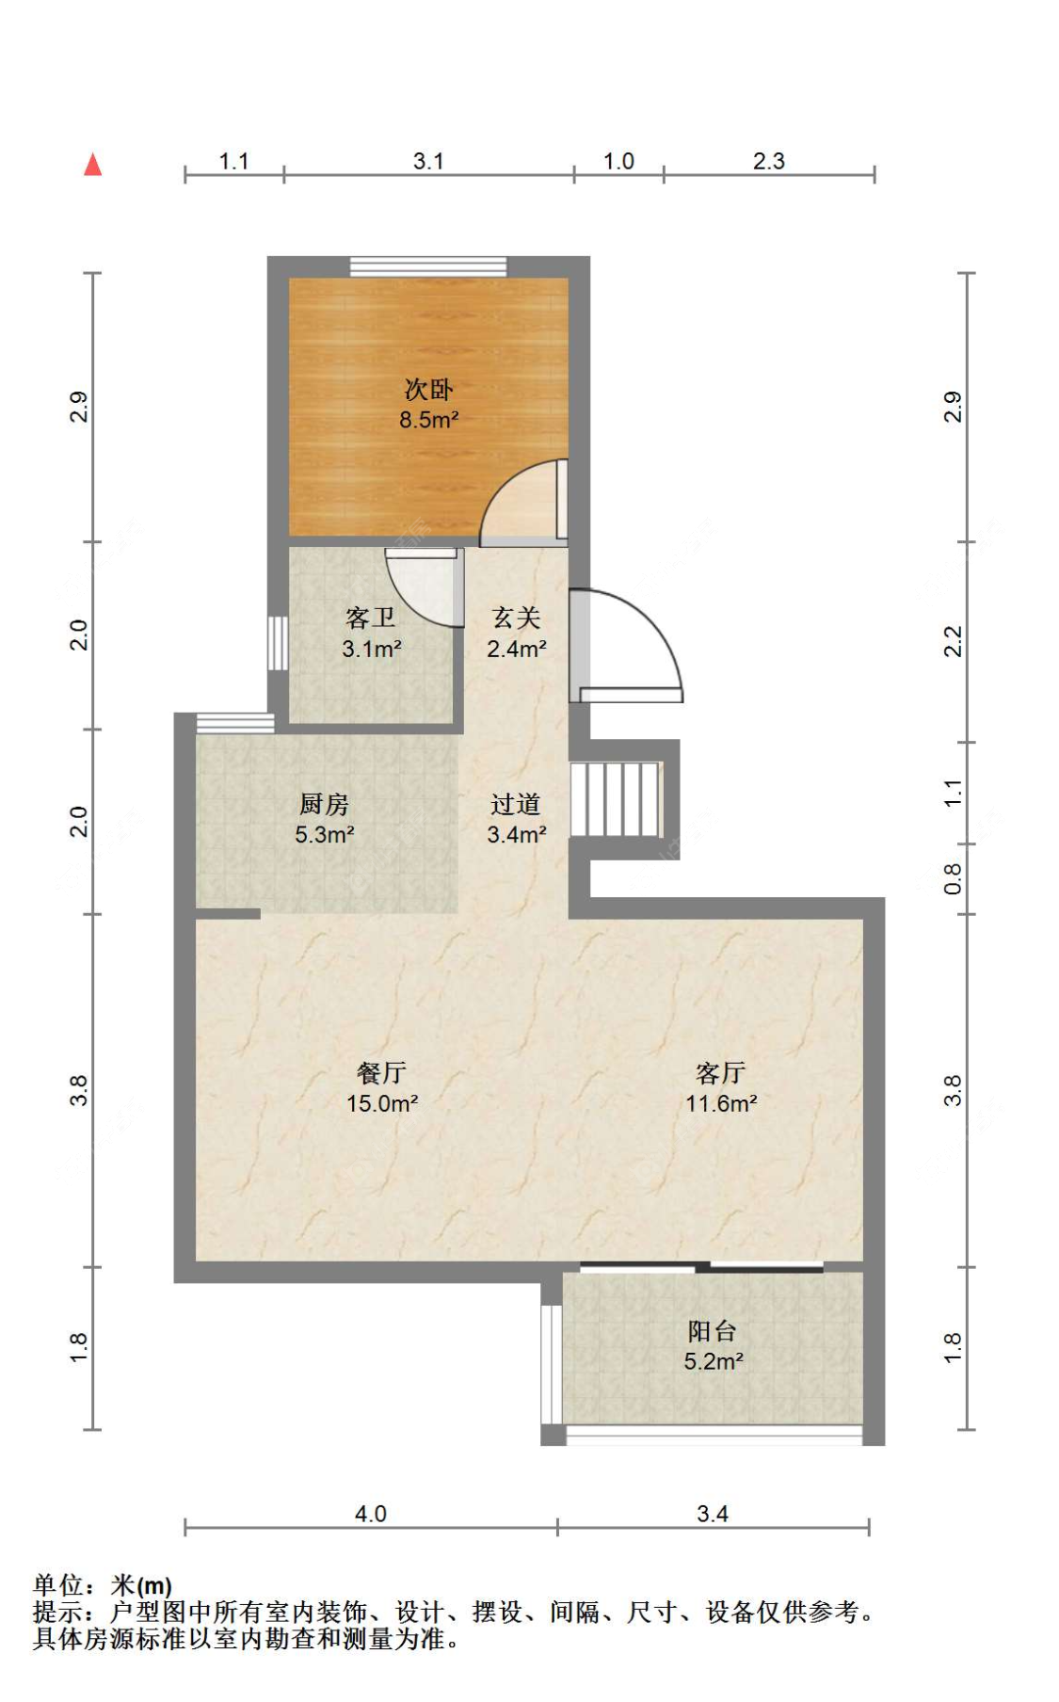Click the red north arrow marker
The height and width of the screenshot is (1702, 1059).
(92, 165)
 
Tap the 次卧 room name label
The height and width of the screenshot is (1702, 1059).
(429, 389)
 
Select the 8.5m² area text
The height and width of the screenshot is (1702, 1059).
(429, 420)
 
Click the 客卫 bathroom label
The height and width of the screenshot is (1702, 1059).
(371, 618)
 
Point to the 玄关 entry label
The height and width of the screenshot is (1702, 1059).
(517, 618)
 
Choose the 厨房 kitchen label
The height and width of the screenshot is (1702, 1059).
(324, 804)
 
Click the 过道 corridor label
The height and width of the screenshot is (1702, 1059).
(516, 804)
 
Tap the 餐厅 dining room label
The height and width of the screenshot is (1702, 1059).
(381, 1072)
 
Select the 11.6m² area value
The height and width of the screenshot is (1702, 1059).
(722, 1103)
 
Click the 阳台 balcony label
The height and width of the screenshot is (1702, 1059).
(712, 1331)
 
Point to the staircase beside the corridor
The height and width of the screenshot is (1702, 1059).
(616, 800)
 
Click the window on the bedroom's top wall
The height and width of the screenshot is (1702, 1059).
(428, 266)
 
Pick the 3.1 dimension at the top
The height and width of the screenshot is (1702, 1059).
(428, 161)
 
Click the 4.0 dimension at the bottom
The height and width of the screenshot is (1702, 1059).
(371, 1514)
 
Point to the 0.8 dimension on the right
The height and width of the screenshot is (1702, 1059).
(953, 878)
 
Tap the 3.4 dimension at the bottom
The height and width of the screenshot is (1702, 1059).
(713, 1514)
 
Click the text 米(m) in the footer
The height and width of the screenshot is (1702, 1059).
(141, 1586)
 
